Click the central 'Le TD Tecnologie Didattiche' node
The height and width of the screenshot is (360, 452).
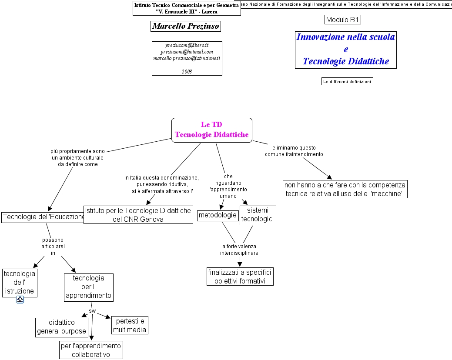click(x=211, y=130)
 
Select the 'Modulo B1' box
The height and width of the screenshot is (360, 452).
click(x=343, y=20)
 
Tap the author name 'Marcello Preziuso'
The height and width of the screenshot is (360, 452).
click(x=185, y=27)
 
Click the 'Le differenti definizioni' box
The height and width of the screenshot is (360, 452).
click(x=347, y=81)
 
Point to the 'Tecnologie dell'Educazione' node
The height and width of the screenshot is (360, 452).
click(x=43, y=217)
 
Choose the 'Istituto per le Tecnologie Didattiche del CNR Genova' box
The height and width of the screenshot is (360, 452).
click(x=138, y=215)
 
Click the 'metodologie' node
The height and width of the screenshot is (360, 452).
click(x=217, y=215)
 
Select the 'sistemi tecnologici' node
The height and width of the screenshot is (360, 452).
click(x=258, y=215)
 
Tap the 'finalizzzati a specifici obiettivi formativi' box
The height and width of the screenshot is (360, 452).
click(x=240, y=277)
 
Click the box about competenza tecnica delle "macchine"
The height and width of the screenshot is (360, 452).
click(x=345, y=189)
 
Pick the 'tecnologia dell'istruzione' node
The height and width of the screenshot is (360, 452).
click(x=20, y=283)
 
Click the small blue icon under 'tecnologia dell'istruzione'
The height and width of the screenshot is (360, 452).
click(x=20, y=299)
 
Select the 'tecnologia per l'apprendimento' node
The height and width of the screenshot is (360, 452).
click(x=89, y=287)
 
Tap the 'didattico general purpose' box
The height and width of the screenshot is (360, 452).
click(x=61, y=327)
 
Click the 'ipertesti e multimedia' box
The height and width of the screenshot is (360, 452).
click(x=130, y=325)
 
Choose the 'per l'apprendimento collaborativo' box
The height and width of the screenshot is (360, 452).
click(x=91, y=350)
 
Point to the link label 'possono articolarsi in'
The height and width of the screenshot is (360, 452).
click(x=53, y=246)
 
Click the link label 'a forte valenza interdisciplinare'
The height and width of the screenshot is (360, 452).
click(x=239, y=250)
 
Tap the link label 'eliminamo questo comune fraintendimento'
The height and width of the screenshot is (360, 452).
click(x=294, y=151)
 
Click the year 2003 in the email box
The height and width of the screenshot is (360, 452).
click(x=187, y=71)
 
